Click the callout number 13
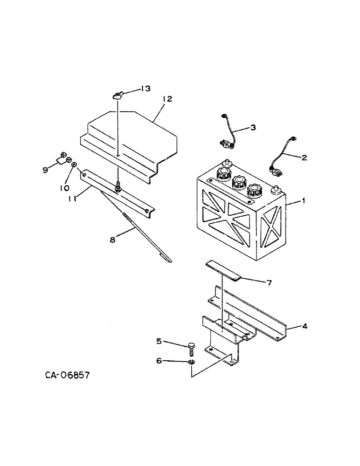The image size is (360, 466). pyautogui.click(x=145, y=89)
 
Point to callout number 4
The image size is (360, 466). pyautogui.click(x=304, y=326)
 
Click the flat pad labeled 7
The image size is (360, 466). pyautogui.click(x=223, y=271)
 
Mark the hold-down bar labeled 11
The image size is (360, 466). pyautogui.click(x=117, y=191)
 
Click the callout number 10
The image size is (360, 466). pyautogui.click(x=64, y=188)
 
